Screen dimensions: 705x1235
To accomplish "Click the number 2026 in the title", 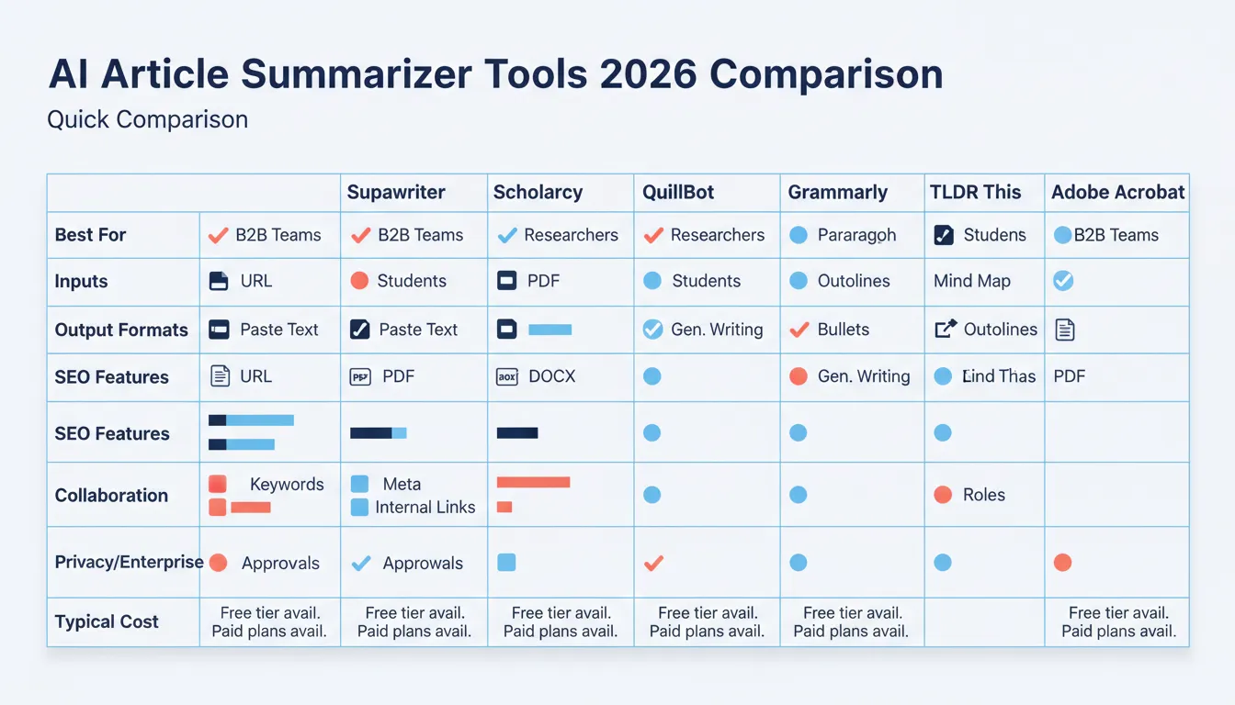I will tap(648, 74).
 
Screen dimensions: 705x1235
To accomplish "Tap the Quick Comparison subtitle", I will tap(148, 119).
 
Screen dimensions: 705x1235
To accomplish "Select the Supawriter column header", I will tap(396, 192).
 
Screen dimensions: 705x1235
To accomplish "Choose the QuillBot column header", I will tap(679, 192).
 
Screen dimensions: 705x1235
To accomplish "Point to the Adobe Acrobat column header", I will tap(1117, 192).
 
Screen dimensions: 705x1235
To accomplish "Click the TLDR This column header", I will tap(975, 192).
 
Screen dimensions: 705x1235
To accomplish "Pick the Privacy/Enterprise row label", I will tap(129, 562).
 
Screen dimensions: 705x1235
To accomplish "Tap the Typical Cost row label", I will tap(107, 621).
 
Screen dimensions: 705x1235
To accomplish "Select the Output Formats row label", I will tap(121, 330).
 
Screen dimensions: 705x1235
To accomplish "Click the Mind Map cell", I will tap(972, 281).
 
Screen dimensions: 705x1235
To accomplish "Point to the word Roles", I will tap(984, 495).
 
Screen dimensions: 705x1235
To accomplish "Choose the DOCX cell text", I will tap(551, 376).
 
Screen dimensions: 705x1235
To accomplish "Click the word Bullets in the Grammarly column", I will tap(843, 330).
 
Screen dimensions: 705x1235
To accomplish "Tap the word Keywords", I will tap(287, 485).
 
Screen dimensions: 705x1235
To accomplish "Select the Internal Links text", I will tap(425, 507).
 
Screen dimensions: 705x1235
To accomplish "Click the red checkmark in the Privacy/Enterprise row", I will tap(653, 563).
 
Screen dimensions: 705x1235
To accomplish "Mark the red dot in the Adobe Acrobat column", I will tap(1062, 563).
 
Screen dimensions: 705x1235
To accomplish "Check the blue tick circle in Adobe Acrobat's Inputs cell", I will tap(1063, 281).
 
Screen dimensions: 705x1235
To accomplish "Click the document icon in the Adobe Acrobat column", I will tap(1064, 330).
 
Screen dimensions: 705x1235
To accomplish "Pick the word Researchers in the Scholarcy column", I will tap(571, 235).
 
